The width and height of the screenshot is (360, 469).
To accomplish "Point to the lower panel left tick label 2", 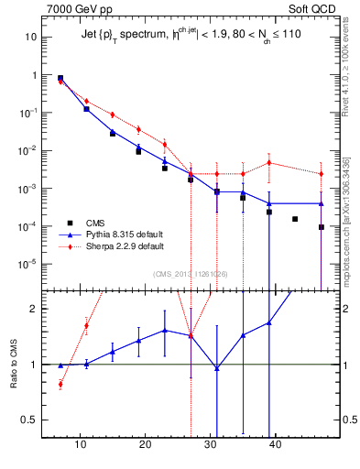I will pos(33,309).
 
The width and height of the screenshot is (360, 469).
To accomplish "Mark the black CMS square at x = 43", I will pos(295,219).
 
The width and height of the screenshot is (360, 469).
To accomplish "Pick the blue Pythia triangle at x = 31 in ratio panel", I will pos(217,368).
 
